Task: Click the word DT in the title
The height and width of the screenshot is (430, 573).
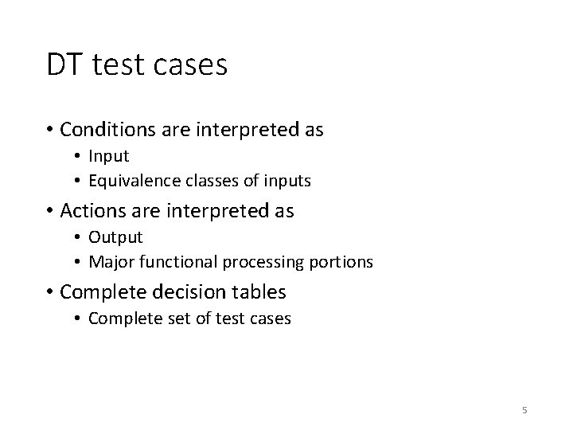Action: (64, 65)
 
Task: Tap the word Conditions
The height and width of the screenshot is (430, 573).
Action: (103, 130)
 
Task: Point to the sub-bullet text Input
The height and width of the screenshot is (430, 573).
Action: (108, 156)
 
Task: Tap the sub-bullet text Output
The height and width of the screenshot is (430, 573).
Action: (115, 236)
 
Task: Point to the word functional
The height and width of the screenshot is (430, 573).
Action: (164, 261)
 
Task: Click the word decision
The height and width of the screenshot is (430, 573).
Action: (174, 292)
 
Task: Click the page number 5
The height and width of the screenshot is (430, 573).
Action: (524, 410)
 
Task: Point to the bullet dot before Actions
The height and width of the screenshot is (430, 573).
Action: (50, 212)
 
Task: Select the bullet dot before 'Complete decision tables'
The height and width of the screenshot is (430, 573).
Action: (50, 293)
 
